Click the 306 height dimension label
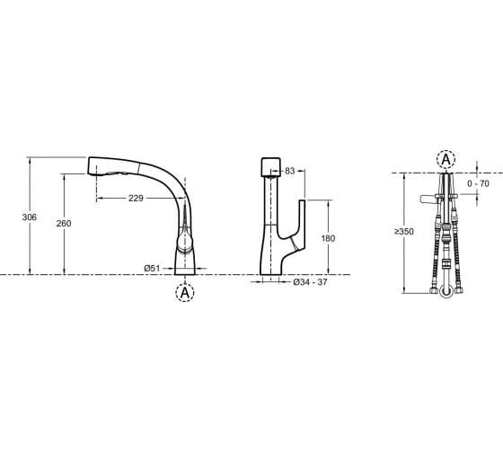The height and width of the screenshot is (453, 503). (x=29, y=218)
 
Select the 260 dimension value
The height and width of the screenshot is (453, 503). (x=64, y=224)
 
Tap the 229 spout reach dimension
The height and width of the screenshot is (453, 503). (x=136, y=199)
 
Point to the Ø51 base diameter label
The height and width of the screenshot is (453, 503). (x=152, y=268)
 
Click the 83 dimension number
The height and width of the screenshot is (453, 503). (x=289, y=171)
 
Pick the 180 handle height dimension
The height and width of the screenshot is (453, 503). (x=328, y=238)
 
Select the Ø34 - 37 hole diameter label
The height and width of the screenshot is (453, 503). (x=310, y=282)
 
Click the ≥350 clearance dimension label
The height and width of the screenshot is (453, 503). (x=404, y=232)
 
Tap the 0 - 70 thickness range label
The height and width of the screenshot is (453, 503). (x=478, y=183)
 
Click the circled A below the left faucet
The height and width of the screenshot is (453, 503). (x=185, y=292)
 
